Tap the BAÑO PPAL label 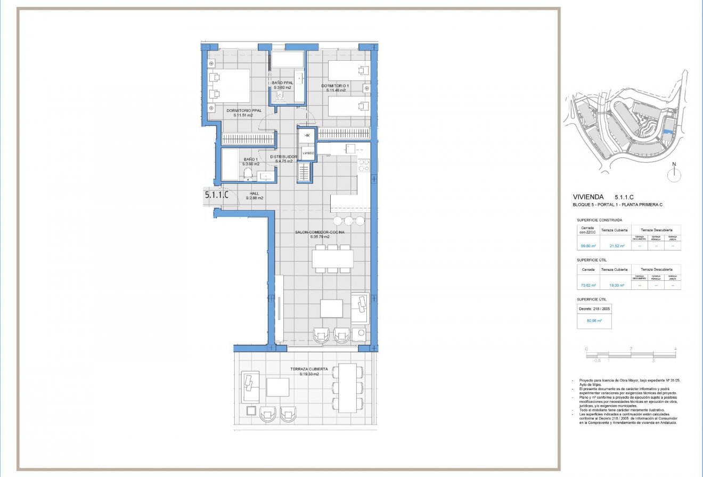click(x=282, y=83)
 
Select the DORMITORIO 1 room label click(x=336, y=86)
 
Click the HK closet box click(x=307, y=136)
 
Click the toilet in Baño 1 click(x=247, y=174)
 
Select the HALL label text click(x=254, y=194)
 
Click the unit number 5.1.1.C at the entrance click(x=217, y=195)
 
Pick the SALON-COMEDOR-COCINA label click(x=320, y=232)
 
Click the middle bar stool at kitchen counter click(x=348, y=221)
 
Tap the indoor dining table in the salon click(x=332, y=259)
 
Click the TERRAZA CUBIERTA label click(x=309, y=369)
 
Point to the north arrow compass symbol click(x=674, y=172)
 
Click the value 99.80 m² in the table click(x=587, y=246)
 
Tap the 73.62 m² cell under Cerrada click(x=587, y=286)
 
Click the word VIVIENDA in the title click(x=588, y=196)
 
